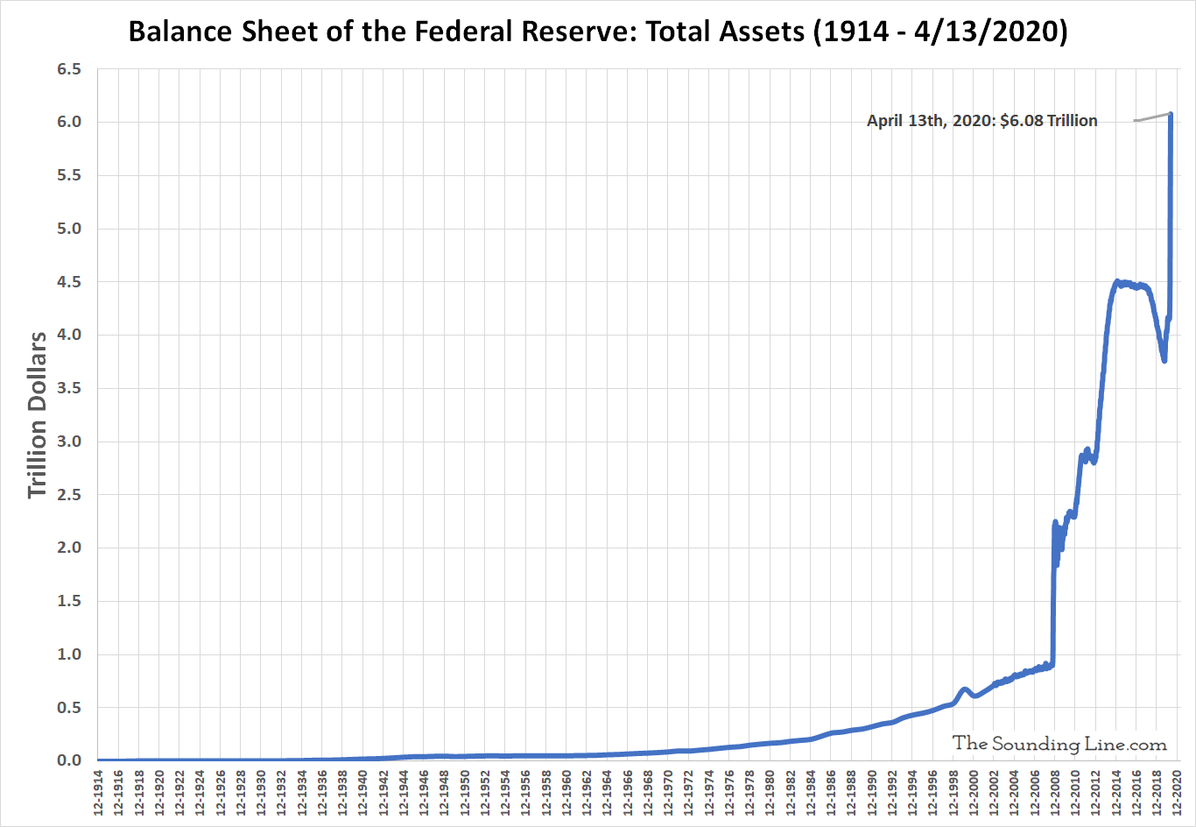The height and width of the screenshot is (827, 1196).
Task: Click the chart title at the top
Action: coord(598,32)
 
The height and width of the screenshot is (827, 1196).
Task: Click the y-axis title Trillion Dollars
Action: coord(37,414)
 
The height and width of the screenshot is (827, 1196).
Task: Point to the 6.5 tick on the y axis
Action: coord(69,69)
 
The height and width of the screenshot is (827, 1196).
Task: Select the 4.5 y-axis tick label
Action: coord(69,282)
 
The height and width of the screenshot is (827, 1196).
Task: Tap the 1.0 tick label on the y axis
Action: coord(69,654)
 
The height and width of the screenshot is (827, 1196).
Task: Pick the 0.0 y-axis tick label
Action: coord(69,760)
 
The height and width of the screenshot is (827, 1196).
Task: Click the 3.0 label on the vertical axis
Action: coord(69,442)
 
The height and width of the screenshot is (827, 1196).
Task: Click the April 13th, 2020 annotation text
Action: coord(981,121)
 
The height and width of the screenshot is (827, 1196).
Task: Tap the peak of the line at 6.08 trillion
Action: coord(1171,114)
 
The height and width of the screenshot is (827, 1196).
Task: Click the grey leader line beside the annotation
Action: coord(1151,117)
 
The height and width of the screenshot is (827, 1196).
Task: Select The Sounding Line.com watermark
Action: coord(1059,744)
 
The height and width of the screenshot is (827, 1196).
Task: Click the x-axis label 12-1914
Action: coord(98,794)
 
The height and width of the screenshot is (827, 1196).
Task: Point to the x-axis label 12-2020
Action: coord(1177,794)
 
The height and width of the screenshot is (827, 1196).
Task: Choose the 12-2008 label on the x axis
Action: coord(1054,794)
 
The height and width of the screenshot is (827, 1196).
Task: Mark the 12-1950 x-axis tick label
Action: coord(464,794)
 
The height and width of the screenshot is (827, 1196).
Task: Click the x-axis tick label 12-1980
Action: coord(770,794)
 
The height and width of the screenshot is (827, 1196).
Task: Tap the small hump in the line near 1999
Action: coord(964,689)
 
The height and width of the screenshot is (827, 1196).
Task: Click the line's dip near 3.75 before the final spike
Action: coord(1164,359)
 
